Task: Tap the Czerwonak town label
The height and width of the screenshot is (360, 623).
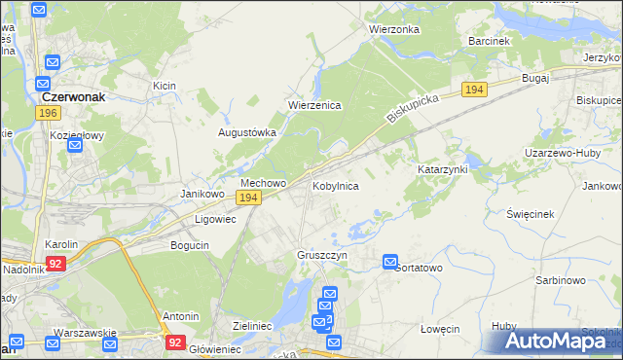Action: [73, 97]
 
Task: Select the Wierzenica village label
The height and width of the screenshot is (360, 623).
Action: [313, 105]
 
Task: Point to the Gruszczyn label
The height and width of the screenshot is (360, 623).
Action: [322, 255]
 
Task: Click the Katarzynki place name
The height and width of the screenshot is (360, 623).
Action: [443, 169]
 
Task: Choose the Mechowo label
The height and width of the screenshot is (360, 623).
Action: [263, 183]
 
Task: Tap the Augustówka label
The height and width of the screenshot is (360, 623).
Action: [246, 132]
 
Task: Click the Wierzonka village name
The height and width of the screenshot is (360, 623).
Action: [393, 29]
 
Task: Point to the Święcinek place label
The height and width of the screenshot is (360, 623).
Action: [531, 213]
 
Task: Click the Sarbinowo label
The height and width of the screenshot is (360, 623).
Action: [560, 280]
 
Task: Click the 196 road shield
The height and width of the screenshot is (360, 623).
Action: [46, 114]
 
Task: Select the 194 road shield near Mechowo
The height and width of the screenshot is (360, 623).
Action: [248, 198]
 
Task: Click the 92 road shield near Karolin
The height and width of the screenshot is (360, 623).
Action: [56, 263]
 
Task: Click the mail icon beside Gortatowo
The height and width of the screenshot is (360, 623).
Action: [390, 262]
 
